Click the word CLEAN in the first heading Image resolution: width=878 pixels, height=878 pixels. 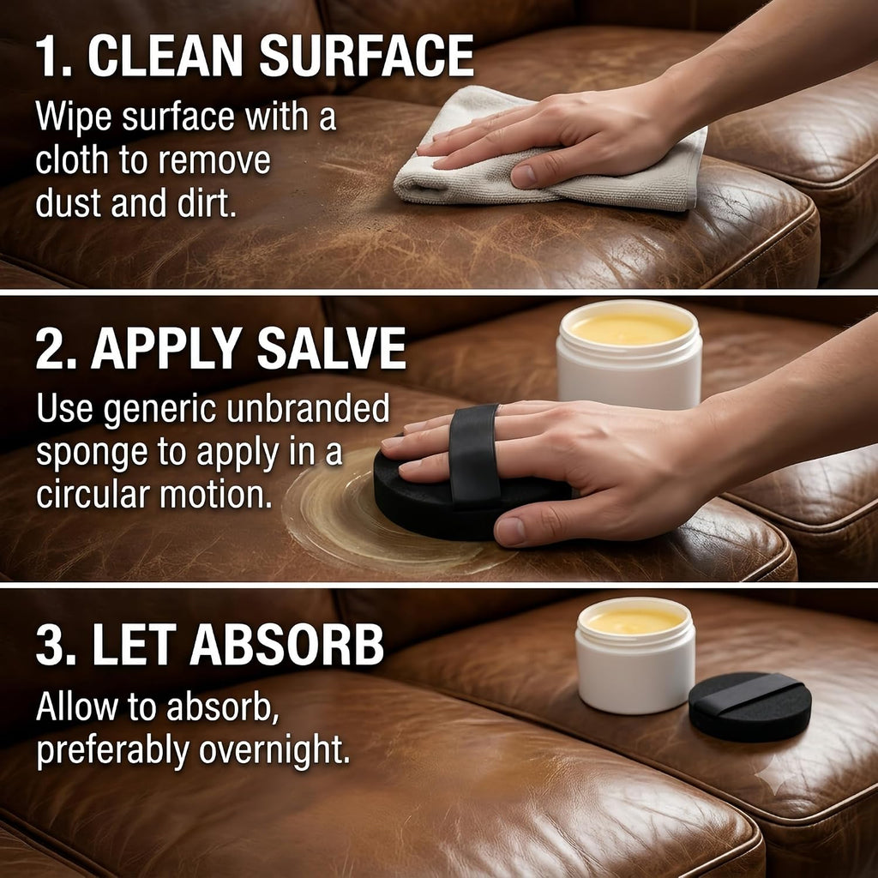(165, 56)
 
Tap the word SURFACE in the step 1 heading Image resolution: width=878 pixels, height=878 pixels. (367, 56)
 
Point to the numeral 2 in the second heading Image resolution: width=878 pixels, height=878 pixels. (48, 348)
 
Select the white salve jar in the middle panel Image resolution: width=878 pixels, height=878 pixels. (628, 354)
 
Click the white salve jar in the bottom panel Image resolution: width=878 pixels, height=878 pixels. (635, 655)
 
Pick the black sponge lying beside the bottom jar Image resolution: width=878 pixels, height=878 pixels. (749, 707)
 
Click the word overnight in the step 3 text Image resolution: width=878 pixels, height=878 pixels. (274, 750)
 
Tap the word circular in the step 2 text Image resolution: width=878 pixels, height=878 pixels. (93, 495)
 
